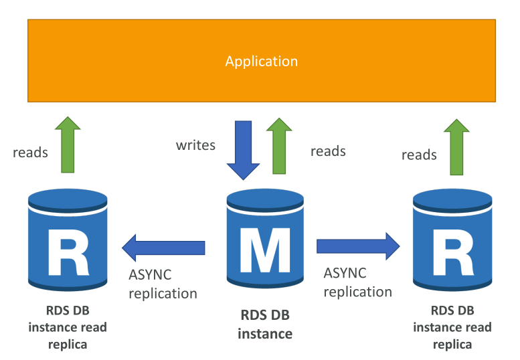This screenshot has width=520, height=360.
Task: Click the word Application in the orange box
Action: click(261, 62)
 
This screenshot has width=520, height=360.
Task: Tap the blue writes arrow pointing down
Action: click(243, 150)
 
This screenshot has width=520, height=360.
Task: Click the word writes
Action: click(195, 145)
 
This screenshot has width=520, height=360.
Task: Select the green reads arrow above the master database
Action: click(279, 146)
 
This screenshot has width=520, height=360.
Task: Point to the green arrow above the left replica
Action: click(68, 145)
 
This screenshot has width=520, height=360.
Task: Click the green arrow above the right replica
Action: click(456, 147)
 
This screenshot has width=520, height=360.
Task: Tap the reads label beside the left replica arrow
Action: click(30, 153)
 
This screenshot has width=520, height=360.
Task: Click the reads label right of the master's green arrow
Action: click(328, 151)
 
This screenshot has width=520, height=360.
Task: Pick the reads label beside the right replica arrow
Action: click(419, 155)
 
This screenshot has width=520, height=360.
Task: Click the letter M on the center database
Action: click(265, 250)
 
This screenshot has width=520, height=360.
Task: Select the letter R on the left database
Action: click(69, 252)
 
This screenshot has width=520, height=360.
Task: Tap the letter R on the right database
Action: click(453, 252)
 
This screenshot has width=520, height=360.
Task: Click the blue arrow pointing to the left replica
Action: click(163, 248)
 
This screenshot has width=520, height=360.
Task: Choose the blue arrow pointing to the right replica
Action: click(358, 246)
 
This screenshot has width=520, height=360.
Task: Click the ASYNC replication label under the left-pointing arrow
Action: click(163, 284)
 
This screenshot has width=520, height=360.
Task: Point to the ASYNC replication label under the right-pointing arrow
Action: click(358, 282)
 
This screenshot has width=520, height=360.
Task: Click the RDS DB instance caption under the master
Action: click(265, 325)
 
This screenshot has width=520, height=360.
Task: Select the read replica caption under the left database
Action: click(68, 327)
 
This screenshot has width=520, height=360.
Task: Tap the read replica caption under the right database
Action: click(452, 327)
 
